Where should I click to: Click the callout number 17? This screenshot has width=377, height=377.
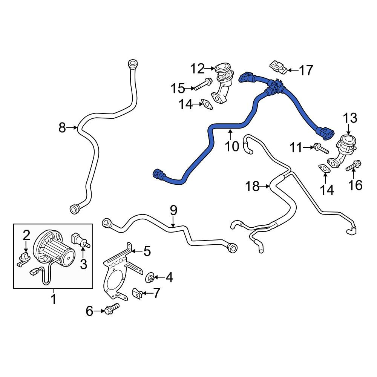(x=306, y=70)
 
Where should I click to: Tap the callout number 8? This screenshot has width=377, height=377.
(x=62, y=127)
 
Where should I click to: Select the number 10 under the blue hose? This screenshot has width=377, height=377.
(x=232, y=146)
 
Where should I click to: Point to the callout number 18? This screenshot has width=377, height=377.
(x=253, y=186)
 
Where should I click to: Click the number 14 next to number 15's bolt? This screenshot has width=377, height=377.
(x=185, y=104)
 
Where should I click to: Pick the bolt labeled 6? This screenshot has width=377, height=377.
(x=112, y=308)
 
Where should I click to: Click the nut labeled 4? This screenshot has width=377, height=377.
(x=150, y=278)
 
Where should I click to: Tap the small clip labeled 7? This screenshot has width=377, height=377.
(x=138, y=293)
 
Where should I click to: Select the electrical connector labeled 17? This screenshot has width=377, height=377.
(x=279, y=67)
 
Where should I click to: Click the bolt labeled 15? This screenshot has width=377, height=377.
(x=203, y=84)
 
